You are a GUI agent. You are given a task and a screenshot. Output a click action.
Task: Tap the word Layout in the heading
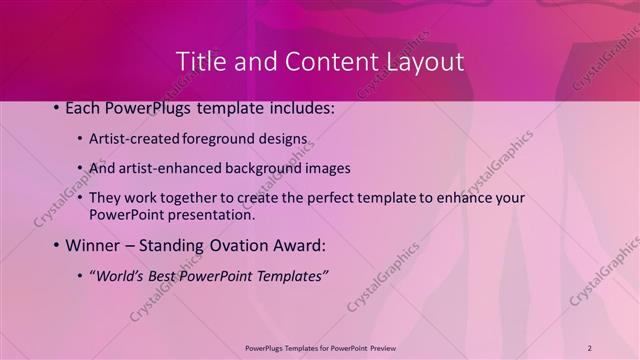click(x=420, y=61)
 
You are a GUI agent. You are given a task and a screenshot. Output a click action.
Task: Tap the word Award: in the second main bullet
click(x=300, y=245)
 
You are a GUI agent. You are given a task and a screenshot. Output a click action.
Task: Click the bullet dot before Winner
click(x=55, y=245)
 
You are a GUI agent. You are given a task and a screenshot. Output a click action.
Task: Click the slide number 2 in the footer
click(x=589, y=348)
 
